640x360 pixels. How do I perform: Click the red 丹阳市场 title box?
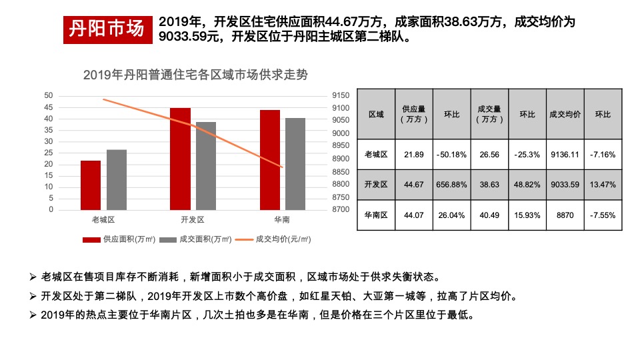coord(107,29)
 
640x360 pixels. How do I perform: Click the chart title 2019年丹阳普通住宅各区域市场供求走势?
coord(195,75)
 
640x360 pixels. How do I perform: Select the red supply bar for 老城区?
coord(91,185)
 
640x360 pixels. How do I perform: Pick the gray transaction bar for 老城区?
coord(117,180)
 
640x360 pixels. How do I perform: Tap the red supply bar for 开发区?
coord(180,159)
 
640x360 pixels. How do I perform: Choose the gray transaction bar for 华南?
coord(295,164)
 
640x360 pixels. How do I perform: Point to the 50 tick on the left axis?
coord(48,95)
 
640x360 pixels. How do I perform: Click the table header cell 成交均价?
coord(565,114)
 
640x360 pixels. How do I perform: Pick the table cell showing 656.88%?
coord(452,185)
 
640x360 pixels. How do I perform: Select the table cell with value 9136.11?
coord(565,155)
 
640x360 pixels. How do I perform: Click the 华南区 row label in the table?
coord(377,215)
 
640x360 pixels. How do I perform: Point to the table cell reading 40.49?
coord(490,215)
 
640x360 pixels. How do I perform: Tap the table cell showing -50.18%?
coord(452,155)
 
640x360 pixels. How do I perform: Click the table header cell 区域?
coord(377,114)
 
